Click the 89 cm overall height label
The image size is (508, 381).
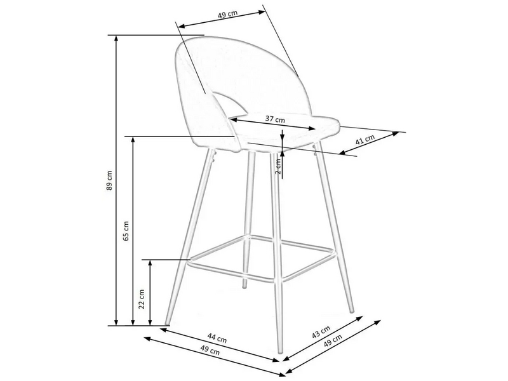(109, 180)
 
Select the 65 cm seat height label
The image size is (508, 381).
(126, 231)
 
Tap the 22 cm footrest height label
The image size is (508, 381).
(142, 299)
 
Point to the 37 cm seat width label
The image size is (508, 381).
(275, 119)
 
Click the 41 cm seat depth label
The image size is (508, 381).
(365, 140)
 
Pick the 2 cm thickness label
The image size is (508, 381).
(278, 166)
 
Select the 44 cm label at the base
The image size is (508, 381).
(217, 339)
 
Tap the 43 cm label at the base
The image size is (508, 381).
(321, 332)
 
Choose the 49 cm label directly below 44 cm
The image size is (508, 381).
(210, 351)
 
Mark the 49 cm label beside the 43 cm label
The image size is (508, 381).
(333, 341)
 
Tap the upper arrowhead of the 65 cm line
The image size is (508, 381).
(133, 140)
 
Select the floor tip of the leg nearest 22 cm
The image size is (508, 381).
(167, 324)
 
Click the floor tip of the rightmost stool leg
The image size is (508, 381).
(352, 311)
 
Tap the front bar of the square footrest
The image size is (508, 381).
(232, 272)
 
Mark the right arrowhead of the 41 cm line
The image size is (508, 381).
(395, 134)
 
